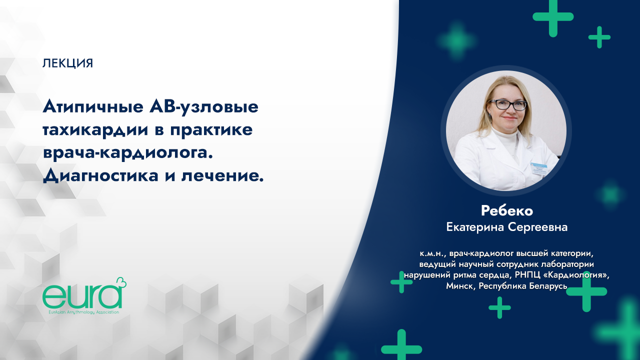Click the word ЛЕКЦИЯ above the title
68,63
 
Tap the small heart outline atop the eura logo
120,283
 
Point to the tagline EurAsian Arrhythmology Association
81,312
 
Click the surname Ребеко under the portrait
506,210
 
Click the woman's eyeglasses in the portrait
507,105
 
